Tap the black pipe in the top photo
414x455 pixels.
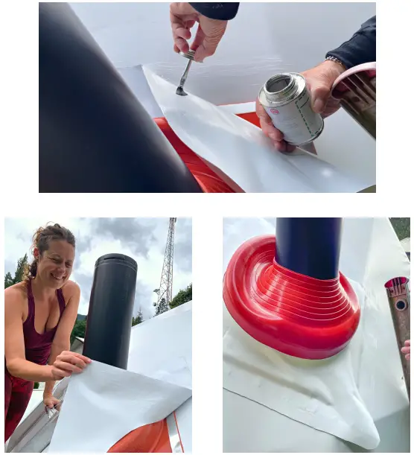[97, 104]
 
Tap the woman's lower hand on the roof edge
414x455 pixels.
[51, 402]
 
